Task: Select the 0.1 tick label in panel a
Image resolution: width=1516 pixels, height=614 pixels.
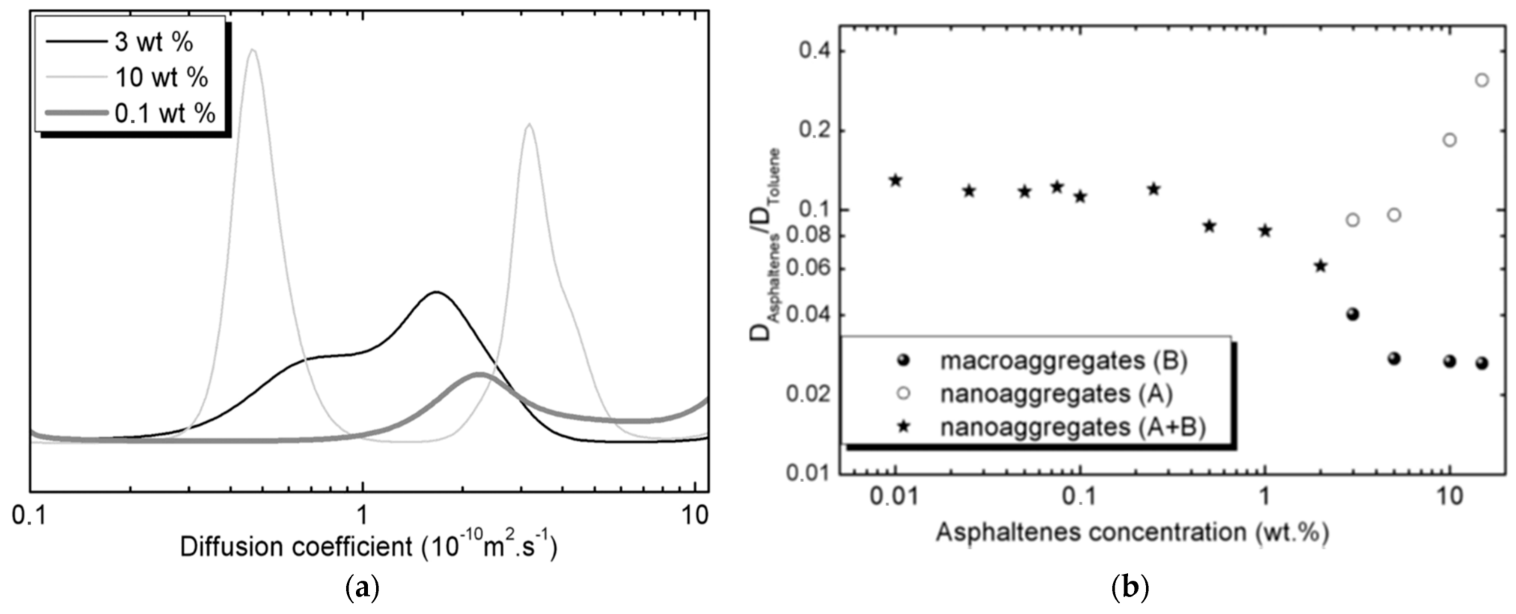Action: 31,516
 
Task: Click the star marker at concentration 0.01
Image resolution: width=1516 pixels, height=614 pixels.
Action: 896,180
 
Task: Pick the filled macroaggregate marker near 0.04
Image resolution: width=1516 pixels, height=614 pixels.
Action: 1353,314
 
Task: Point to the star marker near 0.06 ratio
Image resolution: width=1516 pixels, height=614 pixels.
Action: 1321,266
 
